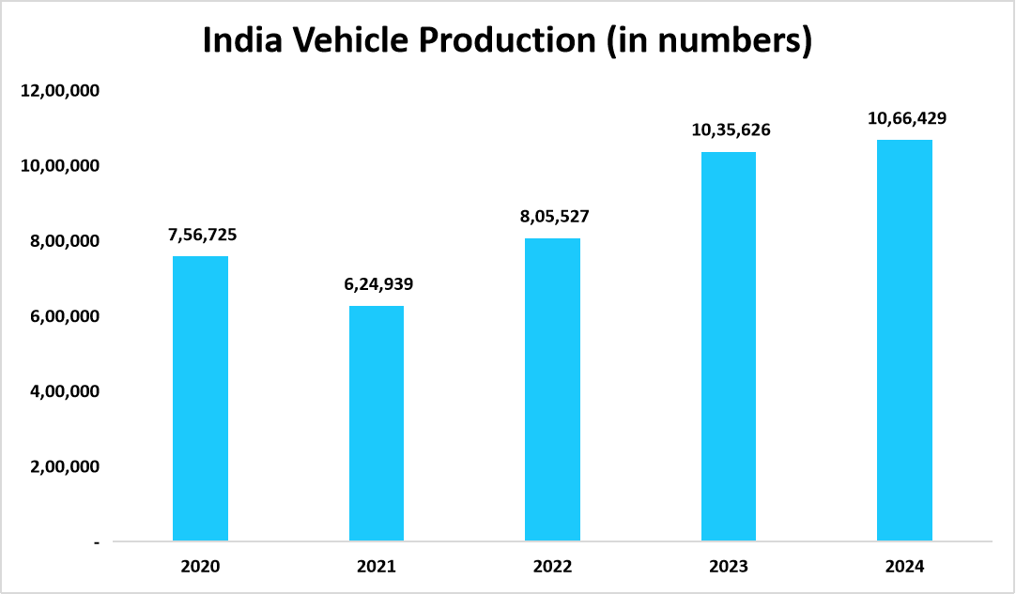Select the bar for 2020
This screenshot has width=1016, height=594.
tap(200, 399)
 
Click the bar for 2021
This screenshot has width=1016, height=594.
tap(377, 423)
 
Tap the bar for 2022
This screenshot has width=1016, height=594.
tap(552, 389)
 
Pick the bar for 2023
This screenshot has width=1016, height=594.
tap(729, 346)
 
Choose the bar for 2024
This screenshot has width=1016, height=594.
tap(904, 341)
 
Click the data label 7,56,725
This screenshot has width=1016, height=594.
tap(202, 235)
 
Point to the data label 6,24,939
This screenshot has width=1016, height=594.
tap(377, 284)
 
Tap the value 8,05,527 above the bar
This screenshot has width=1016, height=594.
tap(554, 217)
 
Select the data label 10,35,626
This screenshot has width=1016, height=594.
tap(731, 130)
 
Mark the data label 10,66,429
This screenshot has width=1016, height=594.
tap(906, 118)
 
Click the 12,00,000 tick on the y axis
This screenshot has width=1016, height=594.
tap(58, 91)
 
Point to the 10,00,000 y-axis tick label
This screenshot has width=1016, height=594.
tap(58, 166)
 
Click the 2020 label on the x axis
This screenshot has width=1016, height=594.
tap(200, 567)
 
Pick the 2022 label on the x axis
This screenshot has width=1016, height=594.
tap(552, 567)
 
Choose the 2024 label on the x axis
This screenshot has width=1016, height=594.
tap(904, 567)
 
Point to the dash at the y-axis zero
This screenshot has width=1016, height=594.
tap(97, 542)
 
